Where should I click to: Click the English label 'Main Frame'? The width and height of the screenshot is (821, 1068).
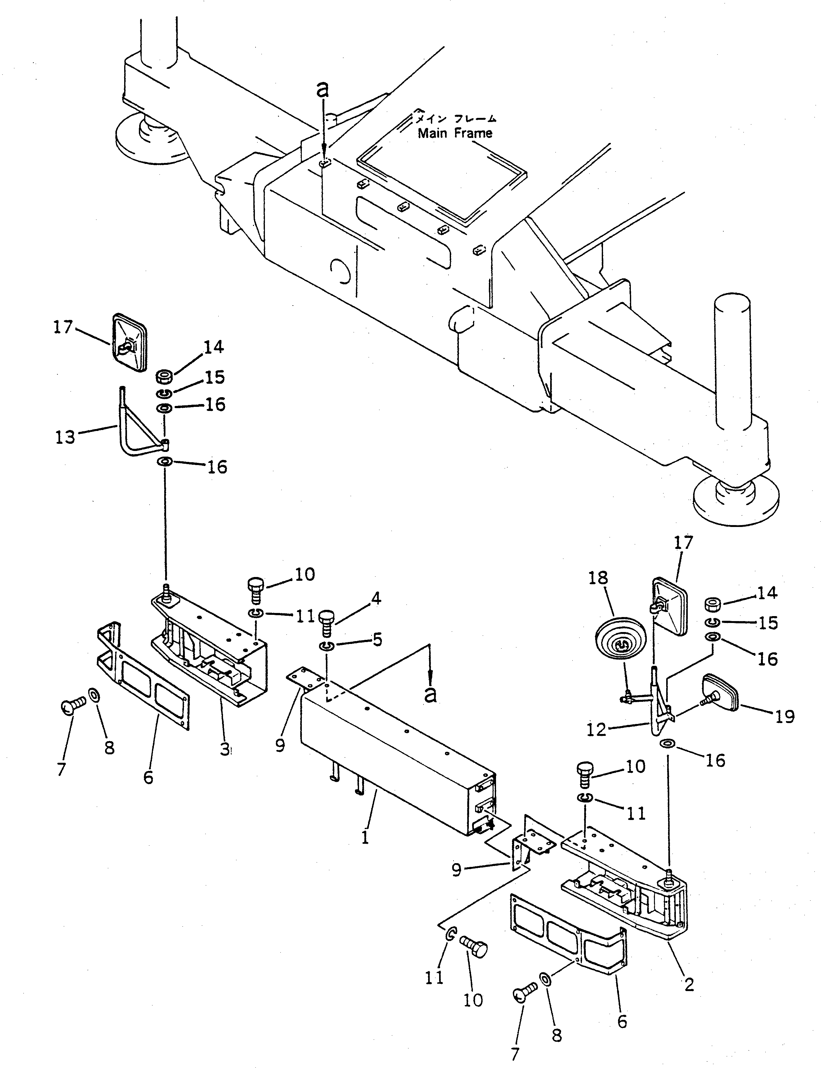[455, 133]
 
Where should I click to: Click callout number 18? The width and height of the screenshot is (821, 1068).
[598, 578]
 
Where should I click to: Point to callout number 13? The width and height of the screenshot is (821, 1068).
[65, 436]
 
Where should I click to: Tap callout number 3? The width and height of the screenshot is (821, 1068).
[224, 749]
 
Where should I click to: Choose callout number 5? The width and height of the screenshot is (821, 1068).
[377, 640]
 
